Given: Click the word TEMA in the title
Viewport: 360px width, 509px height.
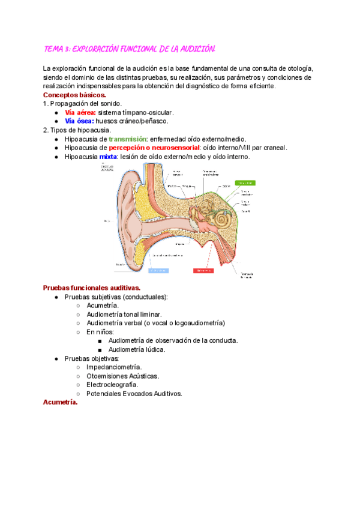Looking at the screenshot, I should pos(55,49).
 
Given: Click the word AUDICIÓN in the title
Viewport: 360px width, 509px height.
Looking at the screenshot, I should pos(203,49).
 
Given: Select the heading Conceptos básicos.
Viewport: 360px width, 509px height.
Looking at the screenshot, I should pos(74,95).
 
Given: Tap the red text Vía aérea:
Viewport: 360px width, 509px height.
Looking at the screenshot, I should pos(80,112).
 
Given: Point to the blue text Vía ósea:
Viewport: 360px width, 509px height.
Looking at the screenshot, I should pos(79,121).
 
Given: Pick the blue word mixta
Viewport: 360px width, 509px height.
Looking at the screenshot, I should pos(108,157).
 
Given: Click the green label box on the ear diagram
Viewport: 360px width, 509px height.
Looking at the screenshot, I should pos(245,182).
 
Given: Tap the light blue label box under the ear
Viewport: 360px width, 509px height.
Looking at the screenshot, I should pos(157,271).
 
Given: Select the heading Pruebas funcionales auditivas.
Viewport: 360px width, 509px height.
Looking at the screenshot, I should pos(92,288).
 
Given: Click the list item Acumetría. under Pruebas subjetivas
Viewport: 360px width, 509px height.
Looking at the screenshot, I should pos(103,306).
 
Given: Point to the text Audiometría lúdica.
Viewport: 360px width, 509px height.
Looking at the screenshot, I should pos(137,349).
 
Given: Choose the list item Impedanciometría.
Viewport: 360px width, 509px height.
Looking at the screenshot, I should pos(114,367).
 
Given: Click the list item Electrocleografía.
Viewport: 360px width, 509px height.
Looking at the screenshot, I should pos(112,385).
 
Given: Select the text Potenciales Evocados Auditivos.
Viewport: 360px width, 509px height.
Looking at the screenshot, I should pos(134,394).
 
